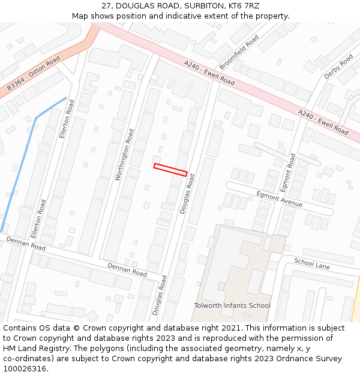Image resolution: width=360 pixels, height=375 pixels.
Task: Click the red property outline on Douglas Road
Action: (170, 170)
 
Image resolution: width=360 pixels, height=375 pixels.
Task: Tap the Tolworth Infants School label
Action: (232, 305)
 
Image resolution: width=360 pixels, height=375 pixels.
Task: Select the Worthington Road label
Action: (125, 154)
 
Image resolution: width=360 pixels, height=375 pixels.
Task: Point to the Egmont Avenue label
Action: (279, 199)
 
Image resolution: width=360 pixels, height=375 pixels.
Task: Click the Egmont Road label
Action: (289, 169)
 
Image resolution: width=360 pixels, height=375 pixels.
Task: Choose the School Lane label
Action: (312, 263)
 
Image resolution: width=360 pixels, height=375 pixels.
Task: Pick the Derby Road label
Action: (338, 67)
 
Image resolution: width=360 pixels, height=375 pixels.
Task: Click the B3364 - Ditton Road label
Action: (34, 74)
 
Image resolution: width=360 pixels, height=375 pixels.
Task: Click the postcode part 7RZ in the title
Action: (251, 6)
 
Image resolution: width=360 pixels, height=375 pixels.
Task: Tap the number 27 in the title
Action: (106, 6)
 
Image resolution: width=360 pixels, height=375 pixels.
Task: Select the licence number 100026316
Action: (26, 368)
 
